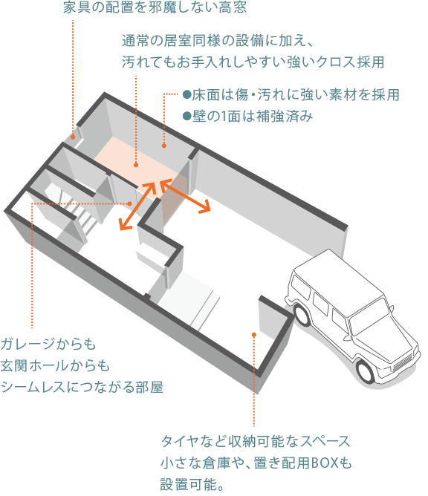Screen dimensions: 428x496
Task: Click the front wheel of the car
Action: (x=366, y=371)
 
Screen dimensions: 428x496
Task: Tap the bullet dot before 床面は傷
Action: (x=187, y=94)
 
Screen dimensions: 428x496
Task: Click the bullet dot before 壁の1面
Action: (x=187, y=116)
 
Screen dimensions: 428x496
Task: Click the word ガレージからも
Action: (x=48, y=344)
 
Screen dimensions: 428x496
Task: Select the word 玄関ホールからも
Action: (x=55, y=365)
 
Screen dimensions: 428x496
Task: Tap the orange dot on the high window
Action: (x=73, y=137)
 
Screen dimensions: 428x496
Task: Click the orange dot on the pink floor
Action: (x=136, y=165)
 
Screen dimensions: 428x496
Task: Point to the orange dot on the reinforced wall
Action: (x=164, y=146)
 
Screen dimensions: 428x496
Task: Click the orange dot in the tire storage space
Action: (x=254, y=334)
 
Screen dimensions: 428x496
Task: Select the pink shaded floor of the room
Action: (x=139, y=168)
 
